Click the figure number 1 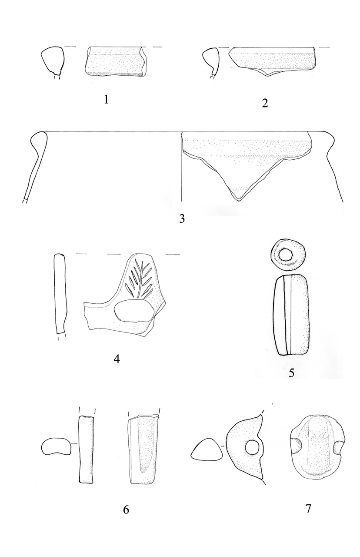coord(107,100)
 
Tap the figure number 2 coord(265,103)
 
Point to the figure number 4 coord(117,359)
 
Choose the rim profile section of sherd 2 coord(211,61)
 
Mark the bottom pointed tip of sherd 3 coord(239,201)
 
